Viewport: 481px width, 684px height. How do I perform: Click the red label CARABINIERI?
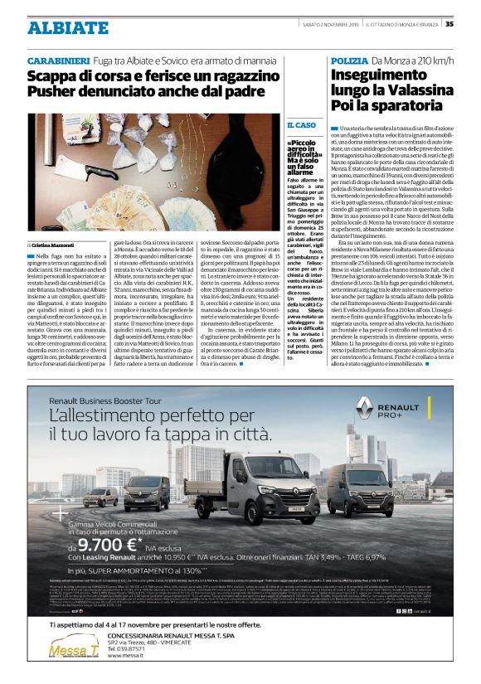59,62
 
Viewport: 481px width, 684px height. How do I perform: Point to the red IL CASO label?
301,124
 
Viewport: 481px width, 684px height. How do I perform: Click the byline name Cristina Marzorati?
57,245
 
